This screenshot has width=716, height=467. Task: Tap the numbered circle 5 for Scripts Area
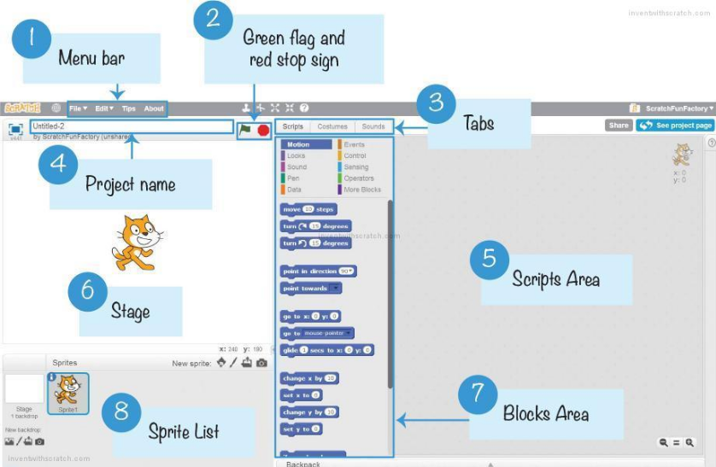489,258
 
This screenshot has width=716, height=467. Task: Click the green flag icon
245,130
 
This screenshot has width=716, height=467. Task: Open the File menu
78,108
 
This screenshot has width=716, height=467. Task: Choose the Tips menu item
128,108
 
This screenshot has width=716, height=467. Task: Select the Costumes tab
332,126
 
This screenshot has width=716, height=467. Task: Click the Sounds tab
373,126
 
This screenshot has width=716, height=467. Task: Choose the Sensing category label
356,167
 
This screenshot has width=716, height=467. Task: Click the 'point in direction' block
318,271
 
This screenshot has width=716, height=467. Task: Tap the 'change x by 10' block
309,378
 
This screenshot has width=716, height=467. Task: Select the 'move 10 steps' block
308,209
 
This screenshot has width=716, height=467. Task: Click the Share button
618,126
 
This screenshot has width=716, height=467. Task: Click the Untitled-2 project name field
131,126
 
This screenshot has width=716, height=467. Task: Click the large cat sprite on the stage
135,243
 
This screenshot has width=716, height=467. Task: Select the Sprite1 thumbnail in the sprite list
67,394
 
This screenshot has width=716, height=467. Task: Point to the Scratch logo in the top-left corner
22,108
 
